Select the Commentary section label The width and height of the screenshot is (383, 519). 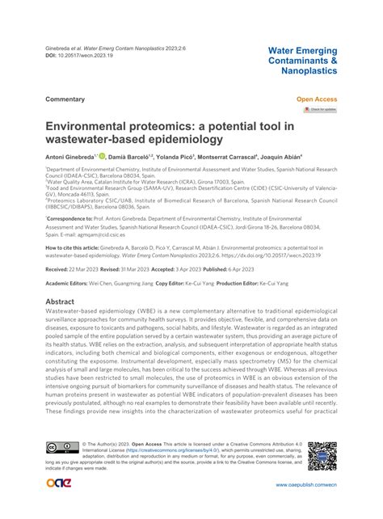65,99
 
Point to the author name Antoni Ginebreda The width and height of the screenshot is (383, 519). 70,156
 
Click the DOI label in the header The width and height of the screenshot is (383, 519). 52,57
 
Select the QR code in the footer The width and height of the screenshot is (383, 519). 322,455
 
